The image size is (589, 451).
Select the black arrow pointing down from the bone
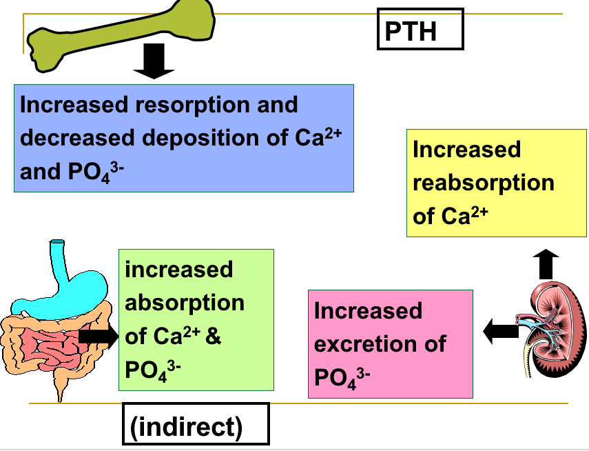coord(154,60)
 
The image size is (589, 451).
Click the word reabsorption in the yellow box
coord(483,183)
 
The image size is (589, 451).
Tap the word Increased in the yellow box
coord(466,150)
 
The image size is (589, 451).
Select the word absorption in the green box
coord(184,303)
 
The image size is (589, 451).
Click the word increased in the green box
coord(178,269)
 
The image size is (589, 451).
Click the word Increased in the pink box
coord(368,310)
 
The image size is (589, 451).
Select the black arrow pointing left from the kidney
coord(501,330)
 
